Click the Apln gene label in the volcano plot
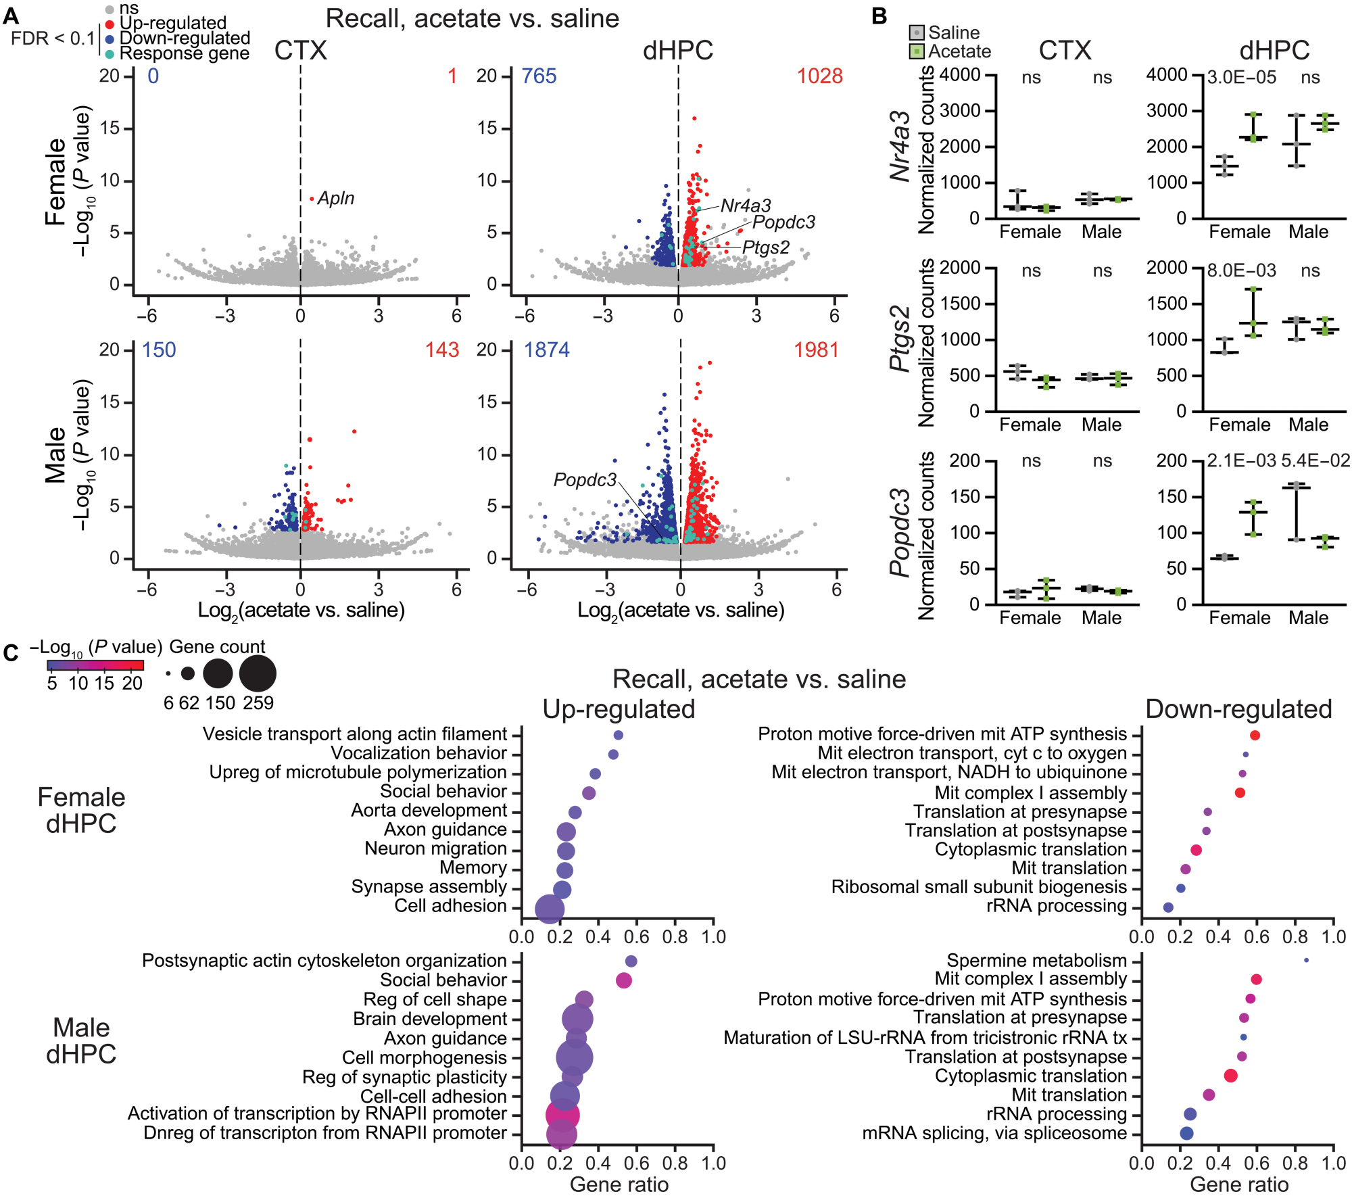(336, 198)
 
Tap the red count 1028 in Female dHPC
(819, 76)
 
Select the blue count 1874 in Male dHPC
(546, 350)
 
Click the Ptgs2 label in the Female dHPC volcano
(765, 247)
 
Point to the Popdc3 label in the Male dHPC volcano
(585, 479)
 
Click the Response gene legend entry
(184, 53)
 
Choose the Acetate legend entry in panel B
(959, 51)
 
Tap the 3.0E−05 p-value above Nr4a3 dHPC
(1242, 77)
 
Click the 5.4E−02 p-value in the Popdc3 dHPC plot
(1315, 461)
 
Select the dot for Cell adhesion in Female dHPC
(550, 909)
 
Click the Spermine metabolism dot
(1306, 960)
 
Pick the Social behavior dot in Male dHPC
(624, 980)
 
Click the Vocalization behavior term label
(418, 753)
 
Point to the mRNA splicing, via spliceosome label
(994, 1133)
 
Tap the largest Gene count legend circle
(258, 674)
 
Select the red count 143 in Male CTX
(442, 350)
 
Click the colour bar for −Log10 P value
(95, 665)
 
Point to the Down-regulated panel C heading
(1238, 709)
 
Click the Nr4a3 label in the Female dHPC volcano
(746, 206)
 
